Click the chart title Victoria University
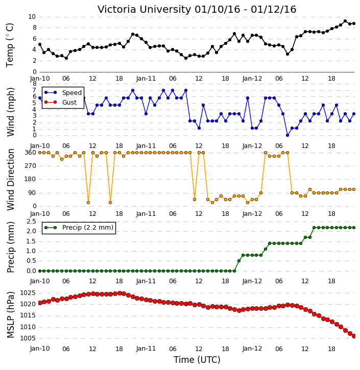[144, 10]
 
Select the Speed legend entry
[63, 92]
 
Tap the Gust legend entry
[60, 102]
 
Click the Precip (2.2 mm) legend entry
[79, 228]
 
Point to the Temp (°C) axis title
[10, 45]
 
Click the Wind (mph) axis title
[11, 112]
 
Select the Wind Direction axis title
[11, 179]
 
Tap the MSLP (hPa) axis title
[11, 314]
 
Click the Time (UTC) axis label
[197, 360]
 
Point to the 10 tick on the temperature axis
[32, 17]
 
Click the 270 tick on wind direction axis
[31, 166]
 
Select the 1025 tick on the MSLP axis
[28, 293]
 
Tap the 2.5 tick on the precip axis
[31, 221]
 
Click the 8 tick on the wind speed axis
[35, 84]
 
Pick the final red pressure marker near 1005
[354, 336]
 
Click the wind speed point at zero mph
[287, 135]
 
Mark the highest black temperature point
[345, 21]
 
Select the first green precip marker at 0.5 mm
[238, 261]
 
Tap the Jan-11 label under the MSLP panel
[146, 349]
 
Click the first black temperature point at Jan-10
[40, 44]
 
